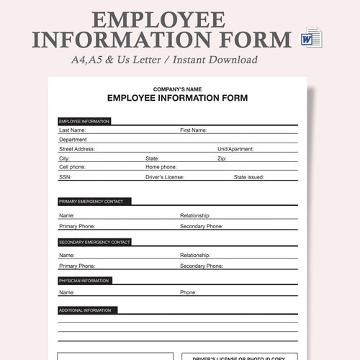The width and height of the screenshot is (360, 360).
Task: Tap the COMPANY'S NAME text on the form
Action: click(177, 89)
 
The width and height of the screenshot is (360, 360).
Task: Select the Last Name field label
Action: click(72, 130)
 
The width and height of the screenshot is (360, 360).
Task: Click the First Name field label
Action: click(194, 130)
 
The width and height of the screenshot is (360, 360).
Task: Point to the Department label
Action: click(73, 140)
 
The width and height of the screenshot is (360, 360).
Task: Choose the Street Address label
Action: click(77, 149)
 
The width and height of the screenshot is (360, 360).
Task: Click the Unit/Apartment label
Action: click(235, 149)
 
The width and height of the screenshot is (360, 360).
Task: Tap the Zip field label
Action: click(222, 158)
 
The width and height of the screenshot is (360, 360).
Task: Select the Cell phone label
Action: click(72, 167)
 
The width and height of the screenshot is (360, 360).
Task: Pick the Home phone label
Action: click(162, 167)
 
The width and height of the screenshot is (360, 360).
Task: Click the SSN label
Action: click(65, 176)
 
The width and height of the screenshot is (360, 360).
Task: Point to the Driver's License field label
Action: click(165, 176)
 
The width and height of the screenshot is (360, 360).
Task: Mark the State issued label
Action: click(249, 176)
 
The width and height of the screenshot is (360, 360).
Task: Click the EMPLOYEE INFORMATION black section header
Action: click(84, 122)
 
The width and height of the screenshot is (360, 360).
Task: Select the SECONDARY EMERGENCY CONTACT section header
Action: click(95, 242)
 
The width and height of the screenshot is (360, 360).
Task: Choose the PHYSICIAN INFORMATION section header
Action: click(85, 280)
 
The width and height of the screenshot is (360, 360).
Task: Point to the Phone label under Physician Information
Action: click(188, 293)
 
